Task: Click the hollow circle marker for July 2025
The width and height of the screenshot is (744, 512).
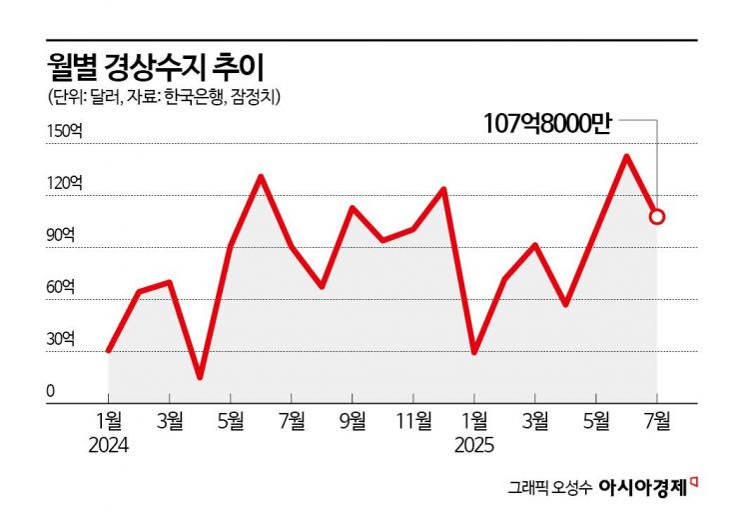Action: pos(656,215)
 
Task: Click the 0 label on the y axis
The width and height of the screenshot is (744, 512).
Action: pos(49,391)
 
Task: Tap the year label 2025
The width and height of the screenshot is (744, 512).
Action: pos(473,441)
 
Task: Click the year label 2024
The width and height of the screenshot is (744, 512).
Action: pos(109,441)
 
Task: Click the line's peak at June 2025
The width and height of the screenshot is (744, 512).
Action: pos(626,156)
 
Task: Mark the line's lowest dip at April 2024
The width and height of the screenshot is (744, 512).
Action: pos(200,377)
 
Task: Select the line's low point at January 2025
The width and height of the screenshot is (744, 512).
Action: pos(473,352)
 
